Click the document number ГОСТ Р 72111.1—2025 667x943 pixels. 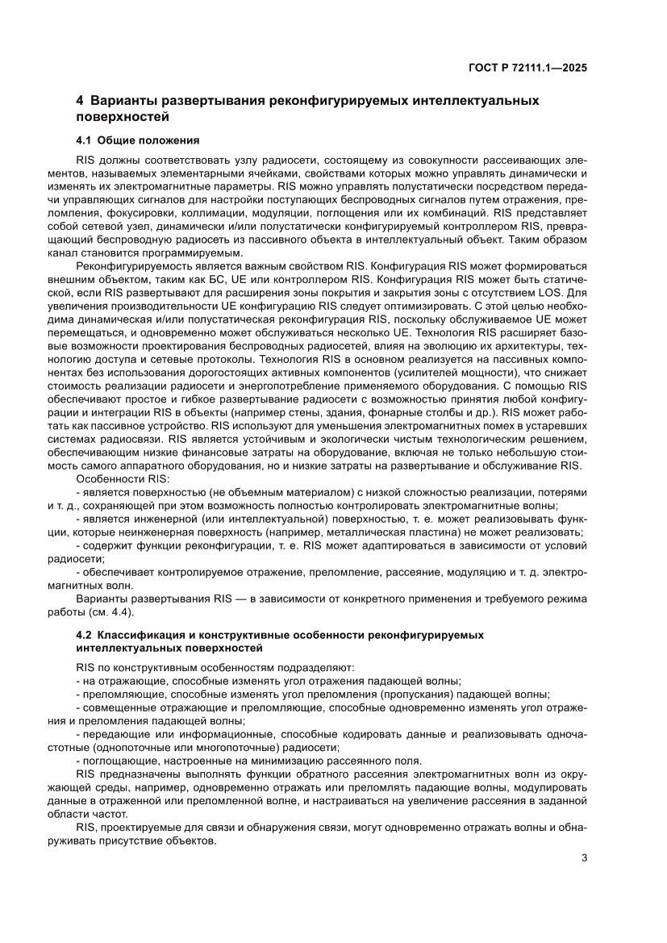click(527, 68)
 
